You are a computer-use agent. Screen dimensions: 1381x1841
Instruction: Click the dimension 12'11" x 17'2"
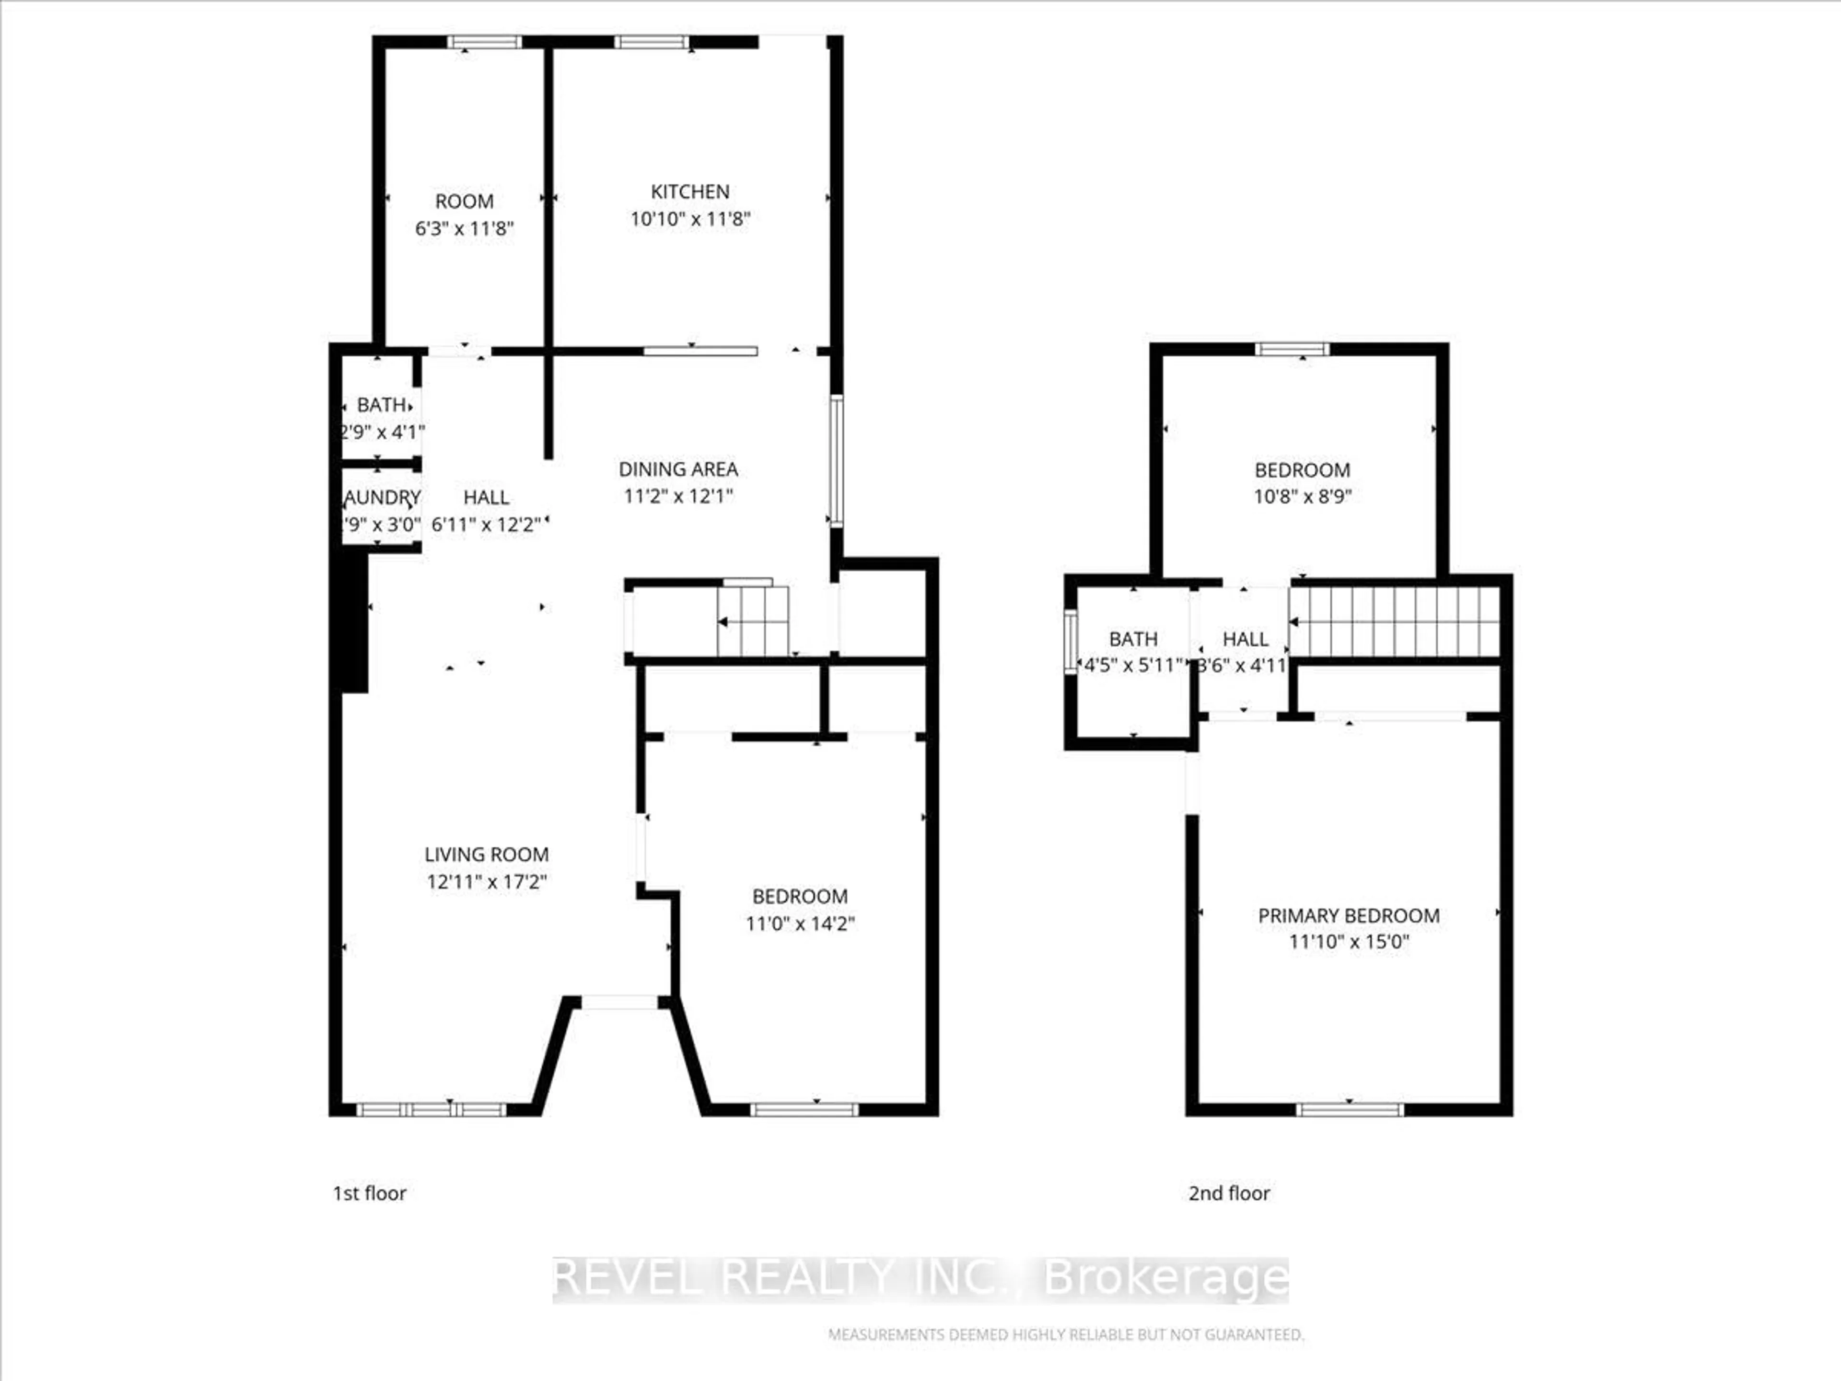coord(486,881)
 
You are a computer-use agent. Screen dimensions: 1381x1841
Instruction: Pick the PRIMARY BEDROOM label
coord(1348,916)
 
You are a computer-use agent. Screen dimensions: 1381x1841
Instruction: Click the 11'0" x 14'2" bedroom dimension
coord(800,923)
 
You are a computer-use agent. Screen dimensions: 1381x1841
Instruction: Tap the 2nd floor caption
coord(1228,1193)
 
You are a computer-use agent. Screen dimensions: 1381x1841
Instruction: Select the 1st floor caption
coord(370,1193)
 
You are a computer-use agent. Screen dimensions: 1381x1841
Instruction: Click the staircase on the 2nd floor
coord(1395,622)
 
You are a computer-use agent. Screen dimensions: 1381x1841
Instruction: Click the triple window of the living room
coord(431,1109)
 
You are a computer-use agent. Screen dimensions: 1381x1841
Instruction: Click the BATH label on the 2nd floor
coord(1133,639)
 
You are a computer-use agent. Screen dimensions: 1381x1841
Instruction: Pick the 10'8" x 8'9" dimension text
coord(1303,496)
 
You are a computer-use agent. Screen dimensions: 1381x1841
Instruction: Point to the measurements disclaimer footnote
coord(1065,1334)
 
